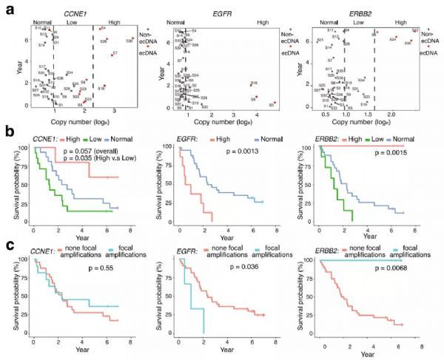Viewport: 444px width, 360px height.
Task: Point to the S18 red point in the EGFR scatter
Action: tap(252, 86)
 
